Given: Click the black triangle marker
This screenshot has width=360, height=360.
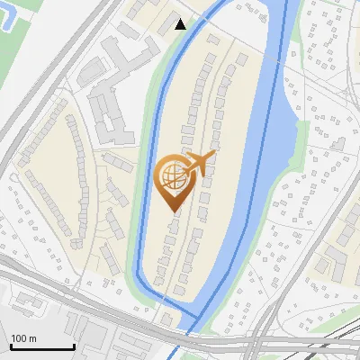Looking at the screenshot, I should click(x=181, y=24).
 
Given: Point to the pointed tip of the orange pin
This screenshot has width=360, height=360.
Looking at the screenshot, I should click(x=173, y=212).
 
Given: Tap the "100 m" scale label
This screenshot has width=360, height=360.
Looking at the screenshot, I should click(x=24, y=338).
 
